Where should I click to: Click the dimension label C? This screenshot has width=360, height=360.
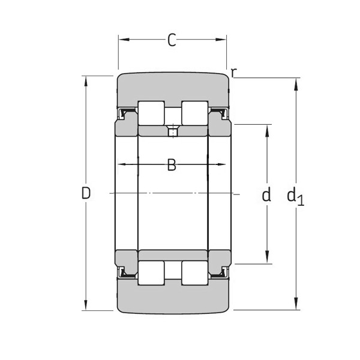point(172,40)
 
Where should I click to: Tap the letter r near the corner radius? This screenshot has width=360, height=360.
point(233,73)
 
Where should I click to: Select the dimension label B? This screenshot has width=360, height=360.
point(172,165)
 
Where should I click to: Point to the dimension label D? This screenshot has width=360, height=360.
point(86,193)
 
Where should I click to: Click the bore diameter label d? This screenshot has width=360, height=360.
point(266,194)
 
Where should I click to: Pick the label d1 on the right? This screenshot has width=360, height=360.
point(295,196)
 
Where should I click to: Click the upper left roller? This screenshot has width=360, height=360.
point(151,113)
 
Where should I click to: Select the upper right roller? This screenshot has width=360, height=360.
point(194,113)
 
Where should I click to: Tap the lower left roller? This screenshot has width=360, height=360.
point(151,273)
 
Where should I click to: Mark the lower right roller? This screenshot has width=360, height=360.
point(194,273)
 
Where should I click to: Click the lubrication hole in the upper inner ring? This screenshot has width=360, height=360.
point(173,130)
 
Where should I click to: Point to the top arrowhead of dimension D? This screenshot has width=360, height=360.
point(86,80)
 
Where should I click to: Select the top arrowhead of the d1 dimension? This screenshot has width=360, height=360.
point(296,82)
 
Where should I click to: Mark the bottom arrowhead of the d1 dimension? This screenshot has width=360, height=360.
point(296,305)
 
